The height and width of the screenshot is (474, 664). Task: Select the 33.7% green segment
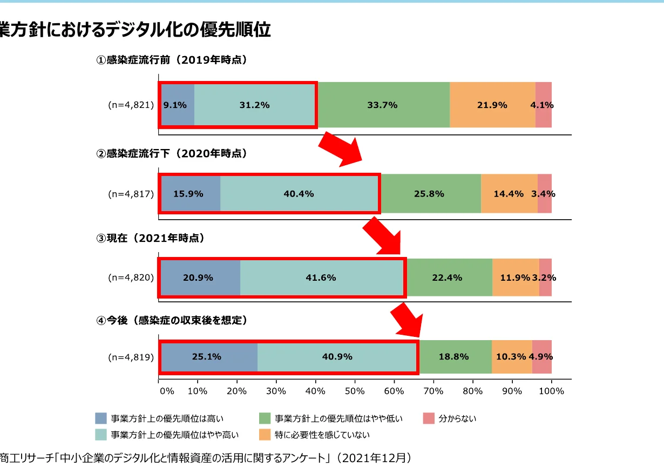[x=383, y=105]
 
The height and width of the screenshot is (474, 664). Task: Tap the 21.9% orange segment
[x=492, y=105]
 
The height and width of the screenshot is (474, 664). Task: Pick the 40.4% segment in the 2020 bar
[x=299, y=194]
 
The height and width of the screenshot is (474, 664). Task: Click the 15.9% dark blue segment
[x=189, y=194]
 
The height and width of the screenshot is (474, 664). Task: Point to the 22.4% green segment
[x=448, y=277]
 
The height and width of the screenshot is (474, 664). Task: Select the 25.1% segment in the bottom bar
[x=208, y=357]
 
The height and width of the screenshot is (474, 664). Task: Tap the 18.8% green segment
[x=455, y=357]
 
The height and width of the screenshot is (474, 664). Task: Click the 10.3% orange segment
[x=511, y=357]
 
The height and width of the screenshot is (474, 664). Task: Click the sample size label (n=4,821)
[x=131, y=105]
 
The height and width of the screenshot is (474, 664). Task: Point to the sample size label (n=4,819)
[x=131, y=357]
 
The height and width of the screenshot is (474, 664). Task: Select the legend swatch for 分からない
[x=429, y=418]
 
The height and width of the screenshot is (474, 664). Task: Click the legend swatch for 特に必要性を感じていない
[x=265, y=435]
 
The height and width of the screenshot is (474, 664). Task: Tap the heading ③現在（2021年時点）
[x=151, y=238]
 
